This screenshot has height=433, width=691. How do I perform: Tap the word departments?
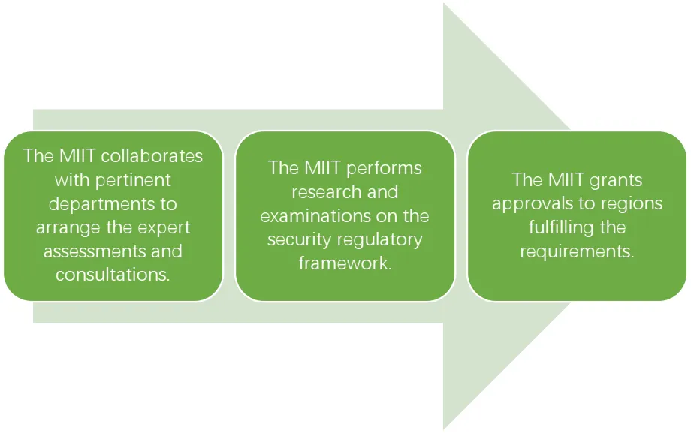pos(104,204)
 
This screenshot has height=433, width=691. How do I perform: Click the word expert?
pos(163,228)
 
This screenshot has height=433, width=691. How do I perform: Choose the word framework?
pos(345,263)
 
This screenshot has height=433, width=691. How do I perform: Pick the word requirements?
pos(576,251)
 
